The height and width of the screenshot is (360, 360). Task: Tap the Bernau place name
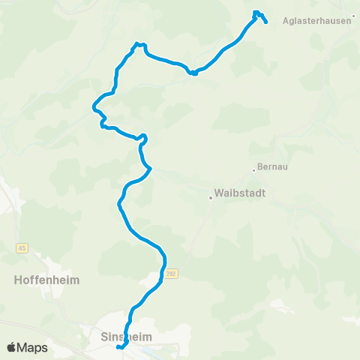(273, 167)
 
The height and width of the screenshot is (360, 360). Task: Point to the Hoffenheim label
(46, 280)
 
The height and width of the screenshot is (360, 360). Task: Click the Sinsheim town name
(126, 337)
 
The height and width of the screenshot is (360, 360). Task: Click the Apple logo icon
(12, 347)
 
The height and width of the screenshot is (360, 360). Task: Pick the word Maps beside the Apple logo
(34, 347)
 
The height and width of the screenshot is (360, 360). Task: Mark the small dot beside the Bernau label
(254, 169)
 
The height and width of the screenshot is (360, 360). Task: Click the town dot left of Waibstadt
(211, 198)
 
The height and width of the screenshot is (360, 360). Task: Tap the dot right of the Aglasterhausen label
(354, 34)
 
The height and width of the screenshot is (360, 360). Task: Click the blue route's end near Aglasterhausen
(266, 22)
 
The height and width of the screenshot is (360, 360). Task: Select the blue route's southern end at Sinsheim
(118, 347)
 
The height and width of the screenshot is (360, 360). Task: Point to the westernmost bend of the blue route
(93, 107)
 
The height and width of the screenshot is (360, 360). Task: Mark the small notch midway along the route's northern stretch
(193, 73)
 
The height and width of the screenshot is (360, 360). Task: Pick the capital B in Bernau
(259, 167)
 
